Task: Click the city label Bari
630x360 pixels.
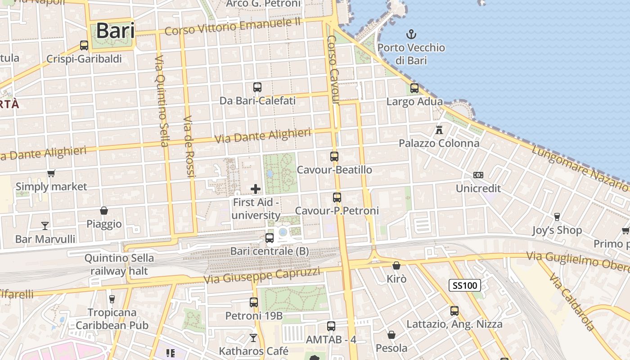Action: coord(115,31)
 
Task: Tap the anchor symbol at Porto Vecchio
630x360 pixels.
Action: coord(410,34)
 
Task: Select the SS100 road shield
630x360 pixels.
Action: coord(465,285)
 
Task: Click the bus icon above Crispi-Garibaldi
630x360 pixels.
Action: coord(84,45)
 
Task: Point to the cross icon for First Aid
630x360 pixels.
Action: coord(256,189)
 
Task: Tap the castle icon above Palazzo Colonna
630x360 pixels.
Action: coord(439,130)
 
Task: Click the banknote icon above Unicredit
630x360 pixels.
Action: coord(478,175)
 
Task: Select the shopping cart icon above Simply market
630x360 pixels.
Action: coord(51,173)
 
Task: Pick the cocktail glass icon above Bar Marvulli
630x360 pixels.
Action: coord(45,225)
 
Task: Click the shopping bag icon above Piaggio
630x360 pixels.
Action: coord(104,210)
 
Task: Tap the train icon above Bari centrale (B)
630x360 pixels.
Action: coord(270,238)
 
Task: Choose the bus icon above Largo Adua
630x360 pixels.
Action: coord(414,88)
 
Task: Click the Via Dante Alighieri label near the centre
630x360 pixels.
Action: coord(263,136)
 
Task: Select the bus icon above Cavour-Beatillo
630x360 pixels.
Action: coord(334,156)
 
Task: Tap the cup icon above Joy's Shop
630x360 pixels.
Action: coord(557,217)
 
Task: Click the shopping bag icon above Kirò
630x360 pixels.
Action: coord(396,265)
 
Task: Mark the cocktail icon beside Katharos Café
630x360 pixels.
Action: coord(254,337)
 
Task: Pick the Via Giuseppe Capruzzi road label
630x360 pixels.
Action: coord(262,275)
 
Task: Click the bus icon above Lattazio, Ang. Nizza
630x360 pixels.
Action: coord(454,310)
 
